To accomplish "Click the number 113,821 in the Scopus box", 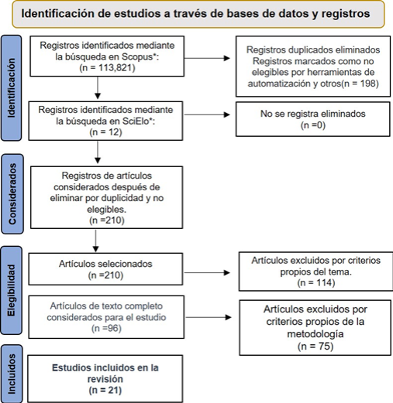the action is pos(114,68).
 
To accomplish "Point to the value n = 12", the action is pos(106,132).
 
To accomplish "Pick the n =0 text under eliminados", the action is pos(313,125).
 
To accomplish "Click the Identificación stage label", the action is pos(12,88).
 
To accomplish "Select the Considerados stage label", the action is pos(12,194).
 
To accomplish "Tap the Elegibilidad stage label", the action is pos(12,290).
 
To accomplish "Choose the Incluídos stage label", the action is pos(12,374).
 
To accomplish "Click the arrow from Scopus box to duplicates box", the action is pos(207,58).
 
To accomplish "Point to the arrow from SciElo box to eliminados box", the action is pos(207,114).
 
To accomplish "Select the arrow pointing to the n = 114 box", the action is pos(207,272).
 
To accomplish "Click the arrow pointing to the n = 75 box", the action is pos(209,317).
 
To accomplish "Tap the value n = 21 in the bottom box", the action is pos(105,391).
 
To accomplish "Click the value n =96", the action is pos(106,329).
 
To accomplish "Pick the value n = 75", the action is pos(315,346).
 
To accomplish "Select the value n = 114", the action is pos(316,283).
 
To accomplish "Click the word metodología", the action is pos(315,334).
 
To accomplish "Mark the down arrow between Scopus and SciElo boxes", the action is pos(98,87).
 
